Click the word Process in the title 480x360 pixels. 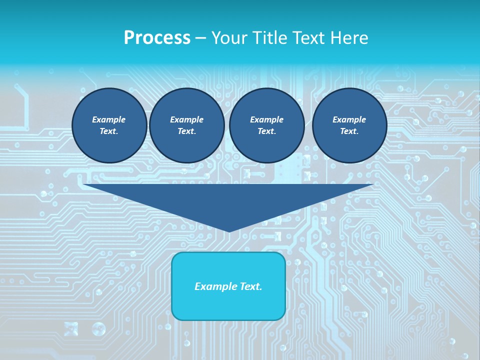pyautogui.click(x=157, y=38)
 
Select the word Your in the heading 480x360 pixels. pyautogui.click(x=229, y=38)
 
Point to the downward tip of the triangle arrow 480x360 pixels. pyautogui.click(x=229, y=230)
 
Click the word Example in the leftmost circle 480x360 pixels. pyautogui.click(x=109, y=119)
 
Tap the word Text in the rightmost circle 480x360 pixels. pyautogui.click(x=348, y=131)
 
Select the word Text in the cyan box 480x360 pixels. pyautogui.click(x=250, y=286)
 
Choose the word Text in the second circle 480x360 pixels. pyautogui.click(x=186, y=131)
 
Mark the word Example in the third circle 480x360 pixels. pyautogui.click(x=266, y=119)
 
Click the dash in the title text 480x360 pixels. pyautogui.click(x=200, y=38)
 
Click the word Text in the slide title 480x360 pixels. pyautogui.click(x=309, y=38)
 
